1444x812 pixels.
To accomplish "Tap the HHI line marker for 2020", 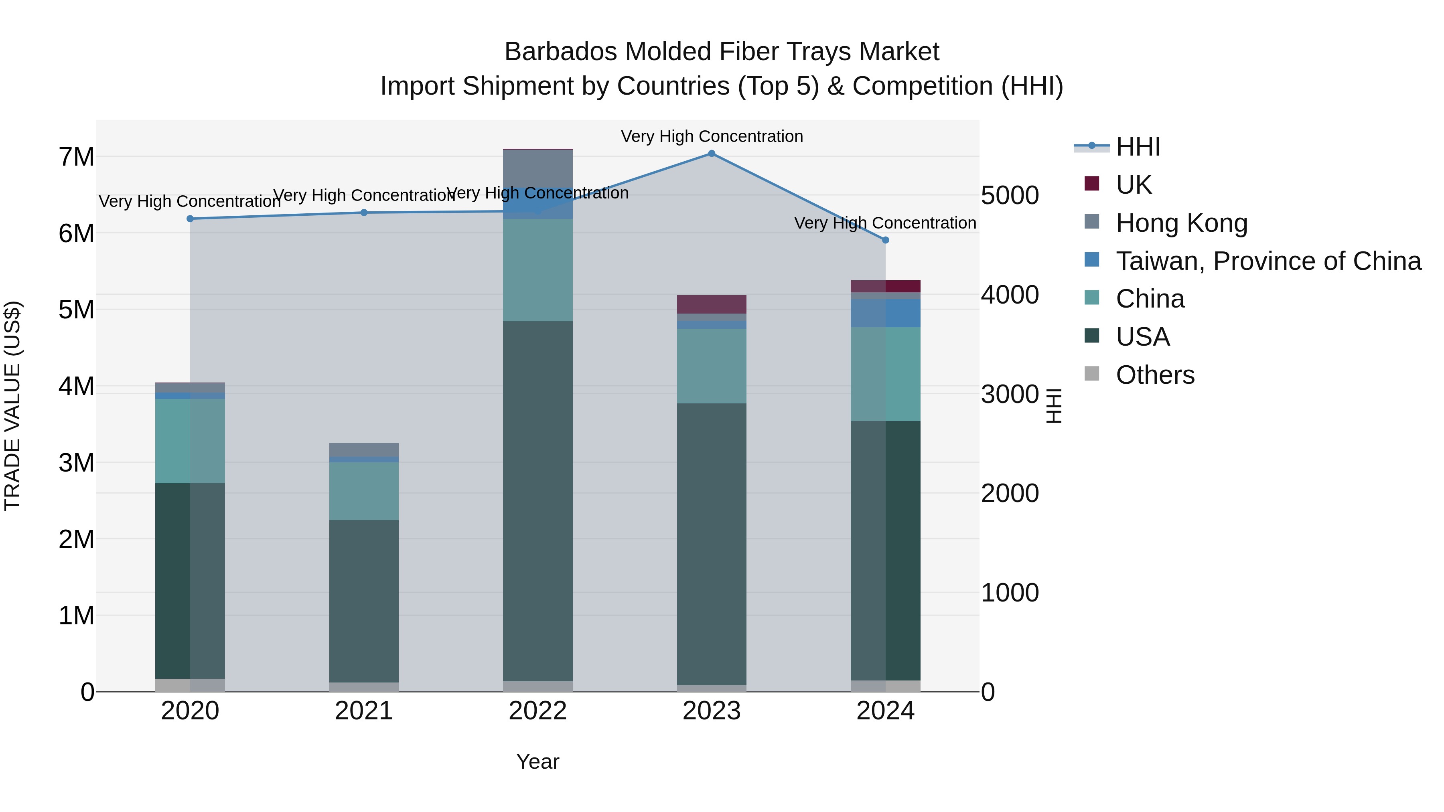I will pyautogui.click(x=190, y=219).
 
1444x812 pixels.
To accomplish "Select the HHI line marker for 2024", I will pyautogui.click(x=886, y=240).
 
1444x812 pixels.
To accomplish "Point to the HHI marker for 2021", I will pyautogui.click(x=364, y=213).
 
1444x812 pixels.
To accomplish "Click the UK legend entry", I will pyautogui.click(x=1134, y=185).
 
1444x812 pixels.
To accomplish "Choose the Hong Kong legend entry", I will pyautogui.click(x=1181, y=223).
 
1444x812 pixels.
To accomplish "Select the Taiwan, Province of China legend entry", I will pyautogui.click(x=1268, y=261).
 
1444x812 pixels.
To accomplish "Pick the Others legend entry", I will pyautogui.click(x=1155, y=375).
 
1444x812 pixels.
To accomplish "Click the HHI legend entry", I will pyautogui.click(x=1138, y=147).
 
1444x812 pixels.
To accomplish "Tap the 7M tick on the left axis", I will pyautogui.click(x=76, y=157).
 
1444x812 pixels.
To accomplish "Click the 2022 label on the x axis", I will pyautogui.click(x=537, y=711).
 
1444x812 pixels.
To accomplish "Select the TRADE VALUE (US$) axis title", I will pyautogui.click(x=12, y=406).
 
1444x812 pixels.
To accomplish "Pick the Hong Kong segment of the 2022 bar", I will pyautogui.click(x=537, y=168).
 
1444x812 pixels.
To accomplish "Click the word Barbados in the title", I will pyautogui.click(x=561, y=52).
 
